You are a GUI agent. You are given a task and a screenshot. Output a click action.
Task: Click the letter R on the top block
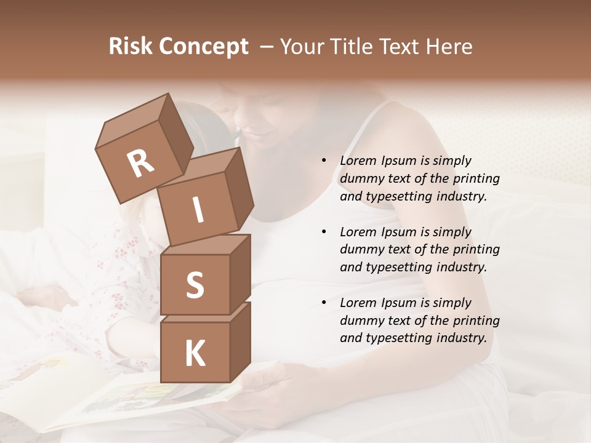(140, 163)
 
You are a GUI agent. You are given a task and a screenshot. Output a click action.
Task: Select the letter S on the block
(195, 285)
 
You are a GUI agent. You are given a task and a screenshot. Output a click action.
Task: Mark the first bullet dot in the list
(324, 161)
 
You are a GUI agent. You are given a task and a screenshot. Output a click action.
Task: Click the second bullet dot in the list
(324, 233)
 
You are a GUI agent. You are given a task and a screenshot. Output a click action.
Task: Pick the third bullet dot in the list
(324, 303)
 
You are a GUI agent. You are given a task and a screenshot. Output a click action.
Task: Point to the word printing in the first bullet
(476, 179)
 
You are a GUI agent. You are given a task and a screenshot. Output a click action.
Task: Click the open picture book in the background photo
(123, 394)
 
